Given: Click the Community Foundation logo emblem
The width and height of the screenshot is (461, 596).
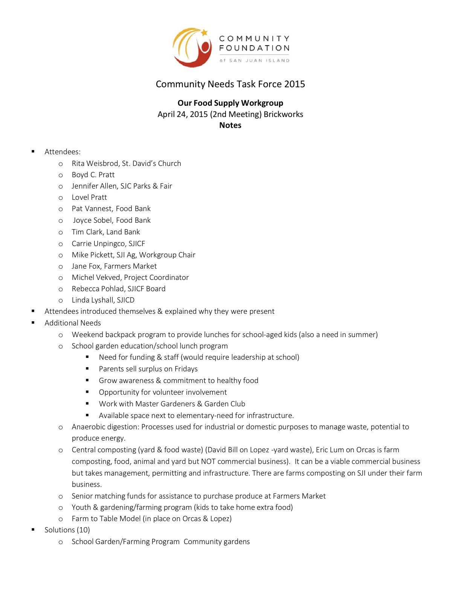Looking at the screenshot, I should pyautogui.click(x=192, y=47).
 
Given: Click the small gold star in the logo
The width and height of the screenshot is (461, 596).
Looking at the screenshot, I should pyautogui.click(x=205, y=32).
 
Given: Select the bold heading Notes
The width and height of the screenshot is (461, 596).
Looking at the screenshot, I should pyautogui.click(x=230, y=125).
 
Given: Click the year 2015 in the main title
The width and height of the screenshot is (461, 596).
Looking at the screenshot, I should pyautogui.click(x=295, y=84).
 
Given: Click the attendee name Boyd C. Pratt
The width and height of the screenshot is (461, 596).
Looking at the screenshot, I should pyautogui.click(x=93, y=175).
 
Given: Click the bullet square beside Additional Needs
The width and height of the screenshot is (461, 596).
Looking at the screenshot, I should pyautogui.click(x=33, y=322).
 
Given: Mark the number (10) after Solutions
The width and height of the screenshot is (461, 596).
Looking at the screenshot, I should pyautogui.click(x=83, y=530).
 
